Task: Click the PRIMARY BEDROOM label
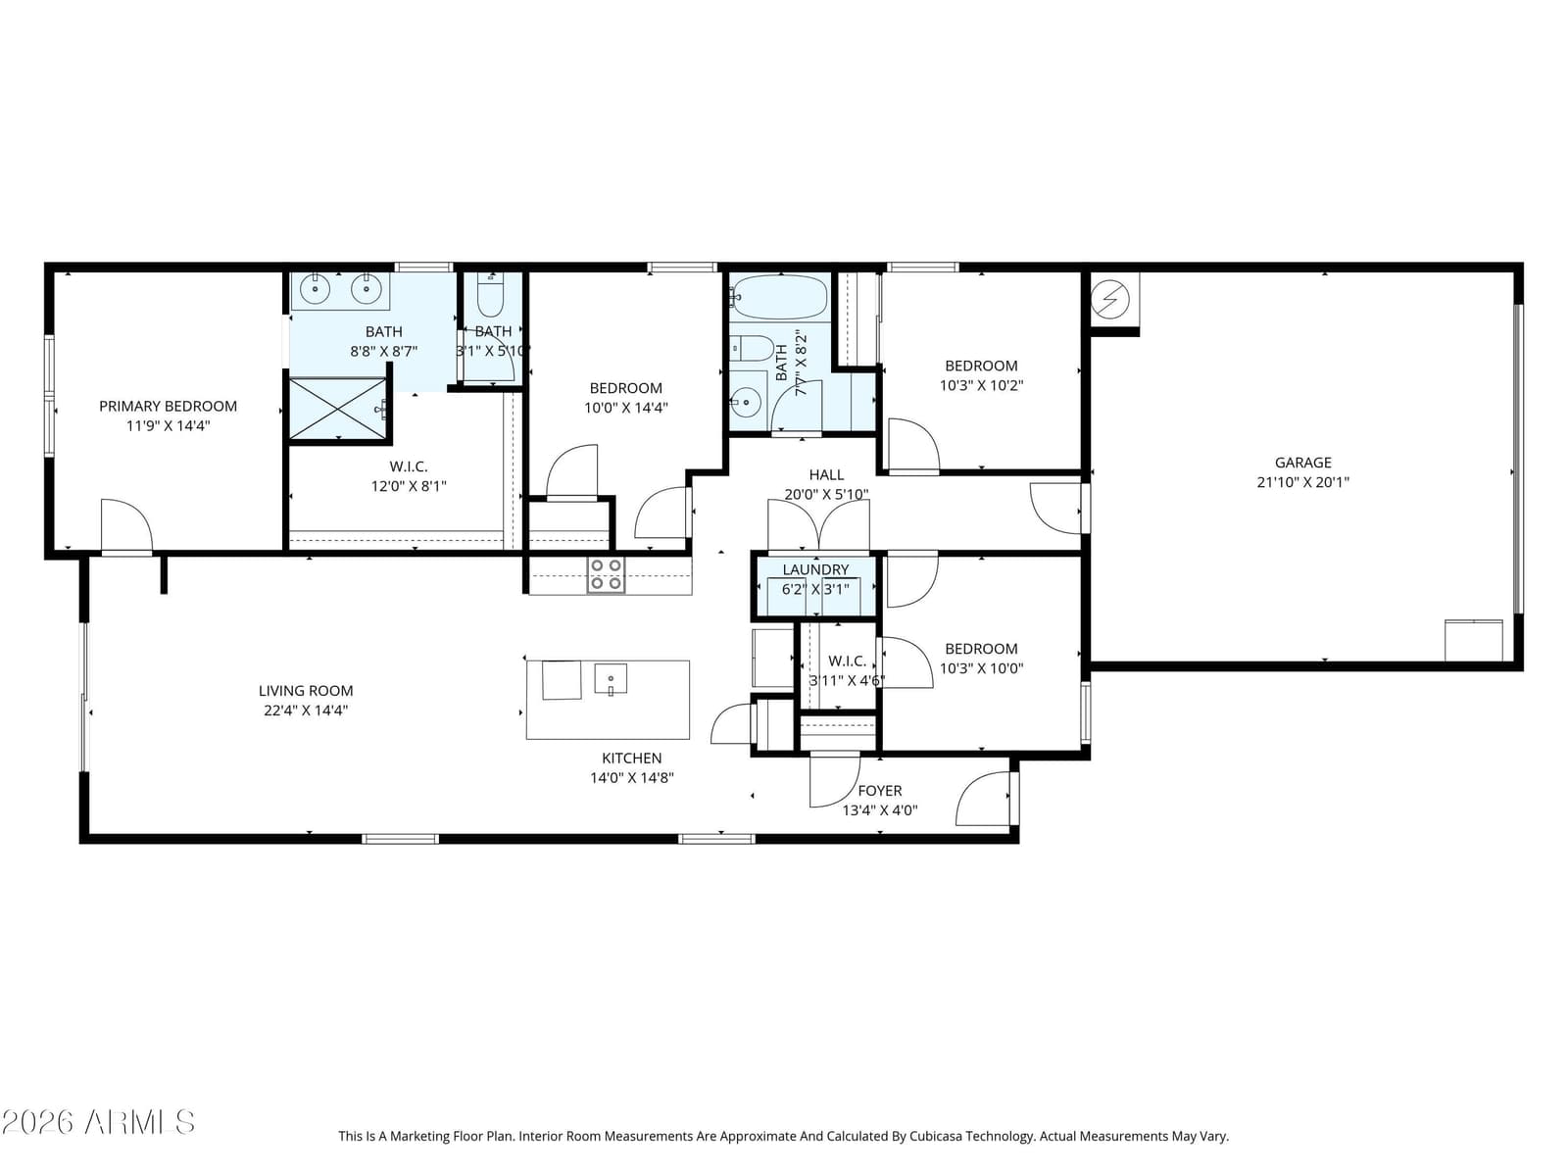point(168,407)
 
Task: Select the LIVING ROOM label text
point(306,691)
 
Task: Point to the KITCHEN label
point(631,758)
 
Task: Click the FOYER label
point(879,791)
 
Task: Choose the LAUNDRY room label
point(815,569)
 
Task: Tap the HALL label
point(826,474)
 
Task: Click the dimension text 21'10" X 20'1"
point(1303,482)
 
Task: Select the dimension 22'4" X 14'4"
point(306,710)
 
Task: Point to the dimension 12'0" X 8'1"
point(409,486)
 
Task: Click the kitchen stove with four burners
point(606,575)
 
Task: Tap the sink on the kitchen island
point(611,678)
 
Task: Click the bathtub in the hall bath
point(779,297)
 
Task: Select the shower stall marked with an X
point(337,409)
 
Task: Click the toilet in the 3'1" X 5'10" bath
point(490,296)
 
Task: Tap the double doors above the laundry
point(818,525)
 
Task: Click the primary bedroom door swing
point(126,525)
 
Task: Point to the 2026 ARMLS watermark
point(98,1122)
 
